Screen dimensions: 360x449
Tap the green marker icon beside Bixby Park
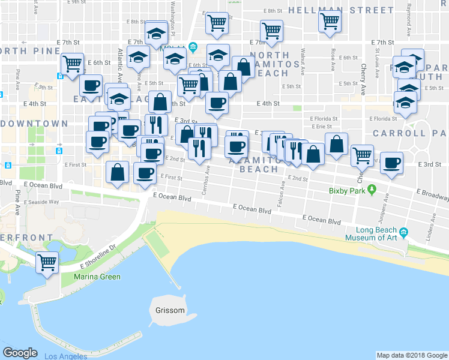[x=372, y=191]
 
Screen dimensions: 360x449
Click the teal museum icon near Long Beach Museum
[x=403, y=232]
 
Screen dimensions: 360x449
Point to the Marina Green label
[x=97, y=277]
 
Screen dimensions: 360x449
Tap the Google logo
[x=20, y=353]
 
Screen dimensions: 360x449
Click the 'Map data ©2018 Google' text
[x=412, y=355]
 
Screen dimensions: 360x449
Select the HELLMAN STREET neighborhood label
[x=341, y=10]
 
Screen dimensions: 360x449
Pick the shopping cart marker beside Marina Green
[x=47, y=263]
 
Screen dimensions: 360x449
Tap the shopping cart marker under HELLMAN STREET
[x=330, y=22]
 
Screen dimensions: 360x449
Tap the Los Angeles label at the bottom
[x=65, y=356]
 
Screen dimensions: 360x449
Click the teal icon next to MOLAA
[x=193, y=47]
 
